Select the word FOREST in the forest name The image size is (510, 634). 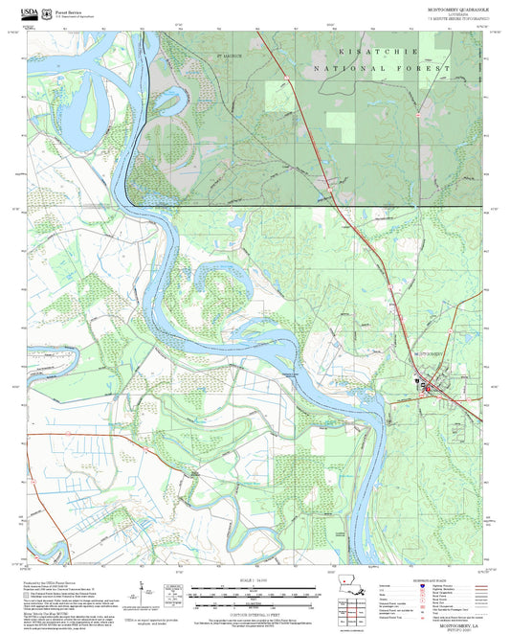425,69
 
